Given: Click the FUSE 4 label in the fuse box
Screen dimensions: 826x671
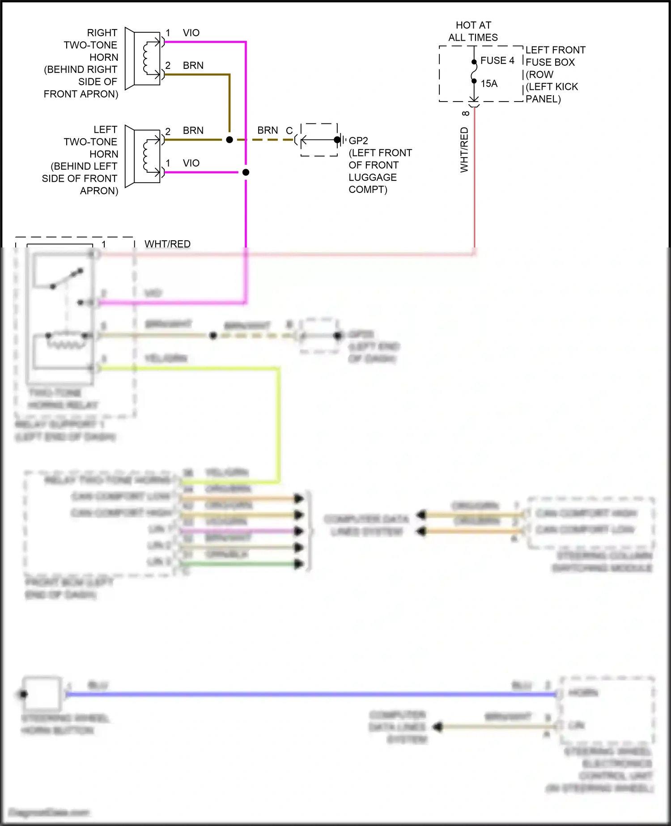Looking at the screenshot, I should coord(497,60).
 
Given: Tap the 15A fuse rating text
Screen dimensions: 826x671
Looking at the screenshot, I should coord(489,84).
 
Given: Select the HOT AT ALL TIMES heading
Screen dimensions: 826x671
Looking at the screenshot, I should coord(473,31).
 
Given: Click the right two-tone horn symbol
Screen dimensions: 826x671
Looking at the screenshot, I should coord(143,59).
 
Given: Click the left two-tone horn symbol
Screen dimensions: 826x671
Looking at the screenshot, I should coord(143,156).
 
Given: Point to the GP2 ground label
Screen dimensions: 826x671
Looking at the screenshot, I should coord(358,141).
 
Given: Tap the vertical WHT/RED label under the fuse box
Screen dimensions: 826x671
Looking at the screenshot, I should coord(464,150).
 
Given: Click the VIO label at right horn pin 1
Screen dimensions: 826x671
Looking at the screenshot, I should coord(191,33).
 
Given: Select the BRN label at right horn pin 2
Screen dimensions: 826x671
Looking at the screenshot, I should coord(193,65).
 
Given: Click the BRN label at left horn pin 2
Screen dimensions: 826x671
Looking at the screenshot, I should coord(193,130).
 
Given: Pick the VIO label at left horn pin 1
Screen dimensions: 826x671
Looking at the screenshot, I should coord(191,163).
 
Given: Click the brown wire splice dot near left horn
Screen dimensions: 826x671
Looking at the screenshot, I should coord(229,140).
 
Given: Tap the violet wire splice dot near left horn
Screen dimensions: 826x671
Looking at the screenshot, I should coord(246,172).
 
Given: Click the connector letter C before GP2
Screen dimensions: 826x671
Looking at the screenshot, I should coord(289,131).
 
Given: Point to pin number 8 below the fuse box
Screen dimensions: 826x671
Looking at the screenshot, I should coord(466,114).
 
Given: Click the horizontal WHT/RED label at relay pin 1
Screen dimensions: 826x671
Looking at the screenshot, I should coord(167,244).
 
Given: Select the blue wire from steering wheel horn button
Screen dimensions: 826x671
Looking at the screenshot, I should coord(313,694).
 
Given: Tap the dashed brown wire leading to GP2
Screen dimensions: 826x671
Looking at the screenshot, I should coord(268,140).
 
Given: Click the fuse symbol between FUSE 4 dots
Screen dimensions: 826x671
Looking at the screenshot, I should coord(474,72).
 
